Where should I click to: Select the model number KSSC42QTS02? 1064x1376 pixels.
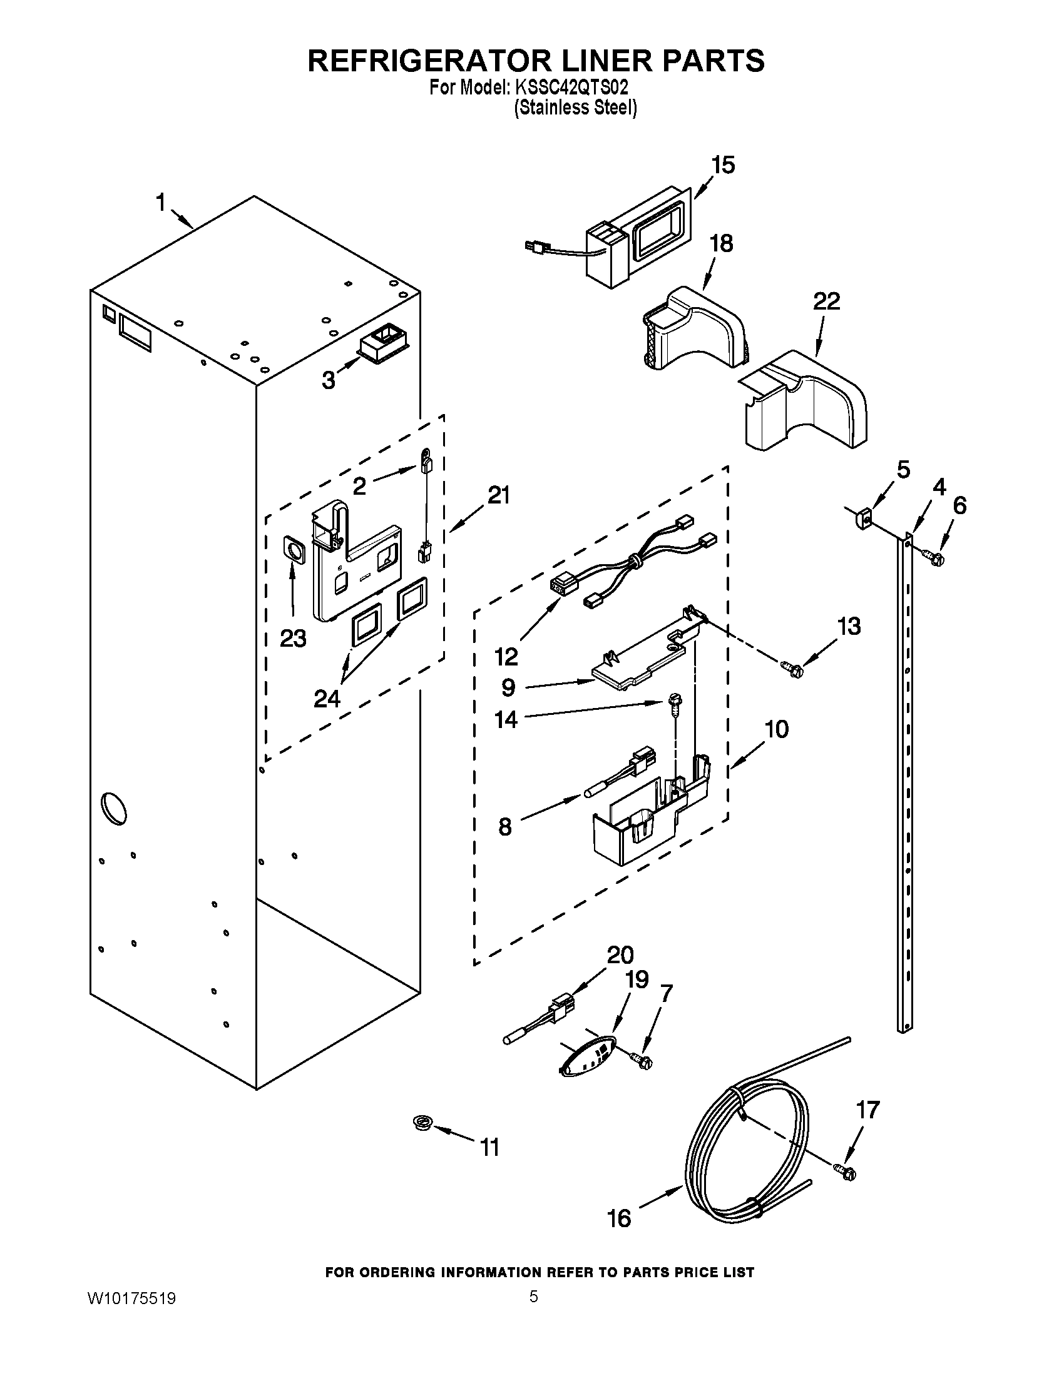pos(570,88)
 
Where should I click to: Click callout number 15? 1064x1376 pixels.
pos(722,165)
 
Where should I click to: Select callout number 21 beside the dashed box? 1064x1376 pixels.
pos(498,496)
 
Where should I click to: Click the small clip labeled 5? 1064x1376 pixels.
pos(864,518)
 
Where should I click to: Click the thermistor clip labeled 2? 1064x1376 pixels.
pos(427,464)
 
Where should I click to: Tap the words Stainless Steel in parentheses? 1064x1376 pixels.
pos(575,108)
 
